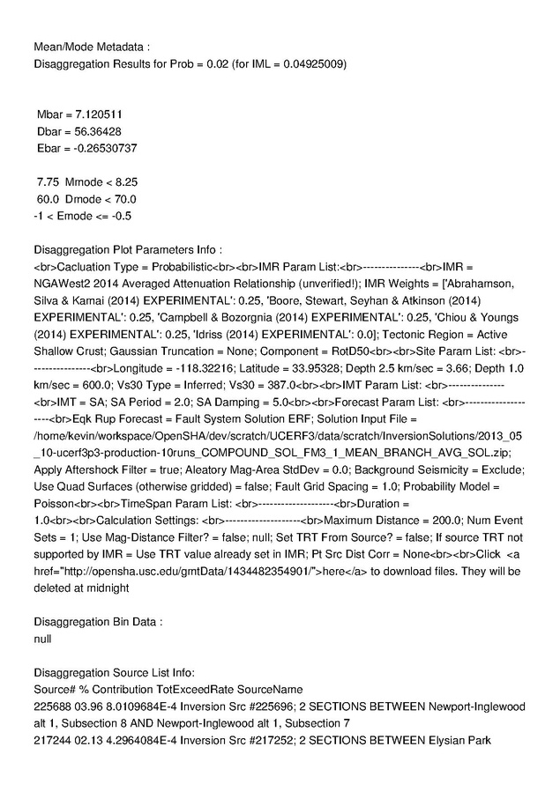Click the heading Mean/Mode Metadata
92,46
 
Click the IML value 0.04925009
312,64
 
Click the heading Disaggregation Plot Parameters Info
126,249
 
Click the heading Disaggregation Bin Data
97,621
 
